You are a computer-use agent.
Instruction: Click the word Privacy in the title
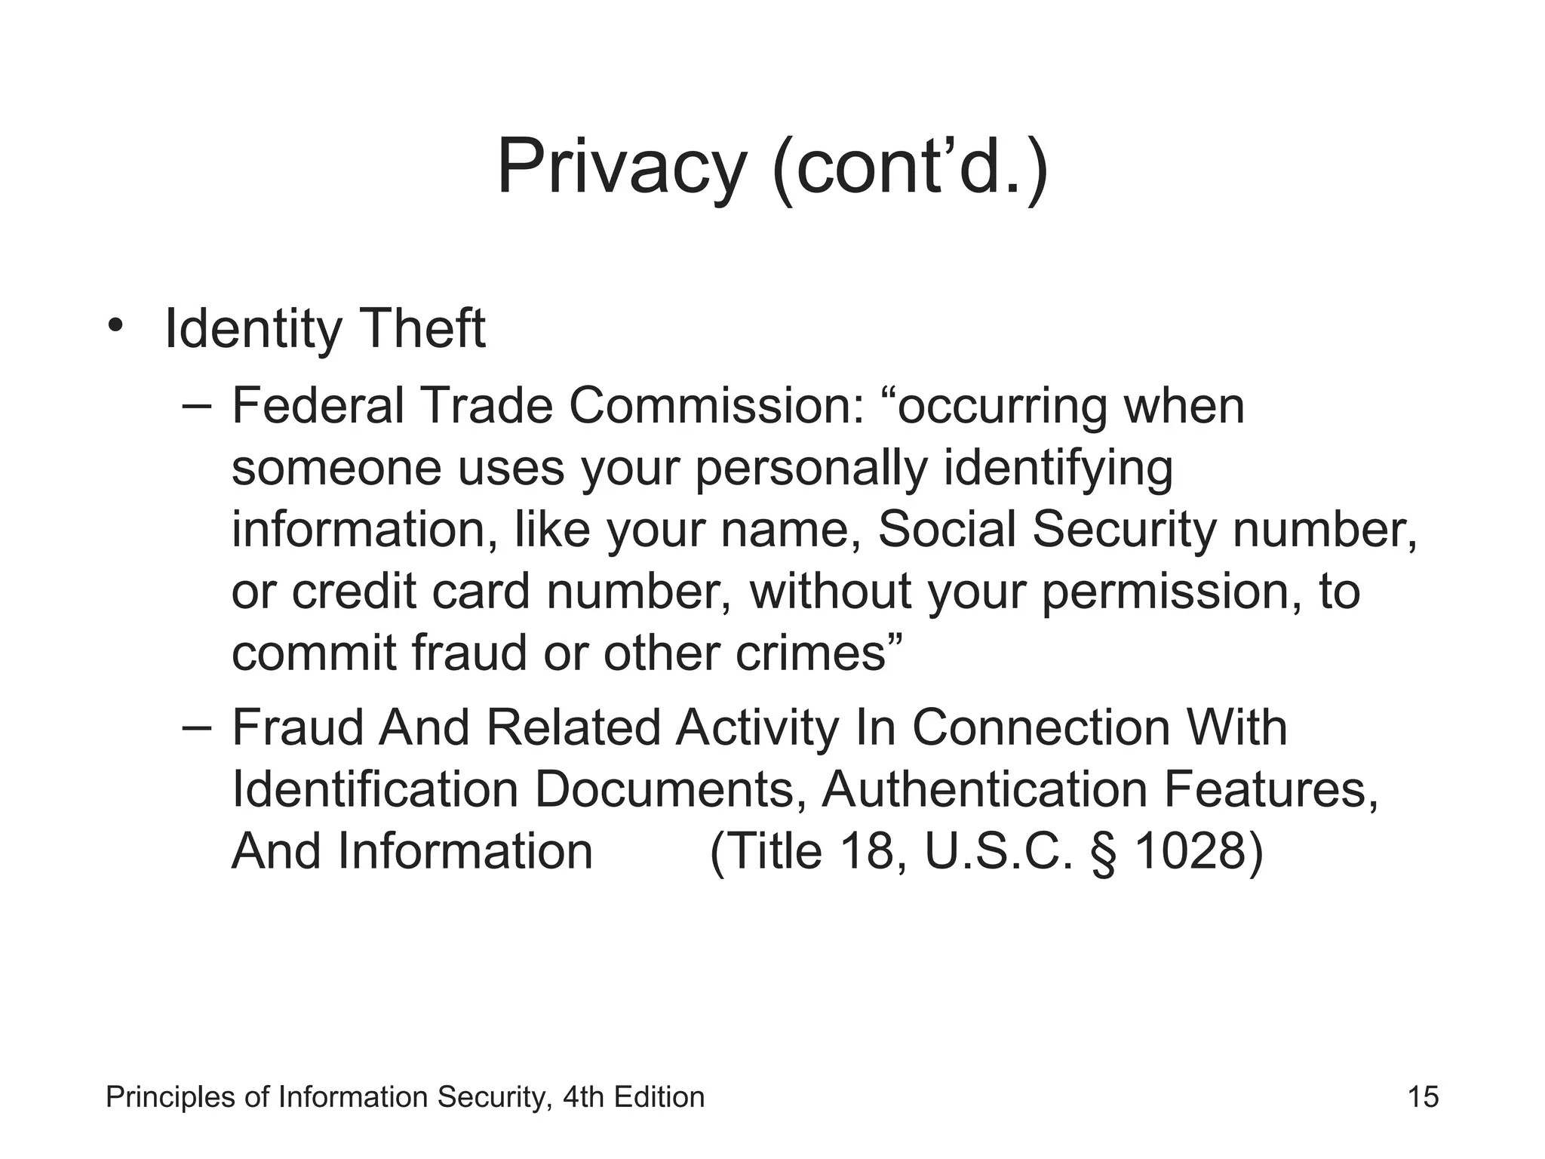tap(621, 168)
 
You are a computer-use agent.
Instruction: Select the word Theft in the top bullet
tap(422, 329)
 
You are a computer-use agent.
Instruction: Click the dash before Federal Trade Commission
tap(197, 405)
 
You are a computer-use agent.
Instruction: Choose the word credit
tap(354, 592)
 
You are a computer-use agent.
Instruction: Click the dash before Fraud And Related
tap(197, 728)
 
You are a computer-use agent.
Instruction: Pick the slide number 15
tap(1423, 1096)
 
